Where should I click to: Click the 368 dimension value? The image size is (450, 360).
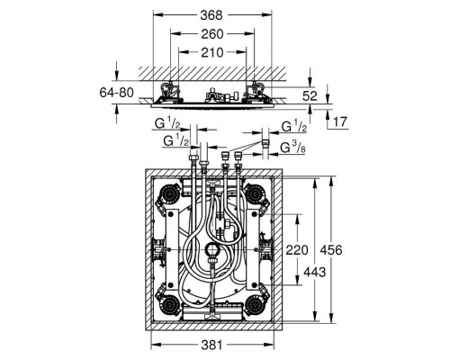(x=211, y=15)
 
